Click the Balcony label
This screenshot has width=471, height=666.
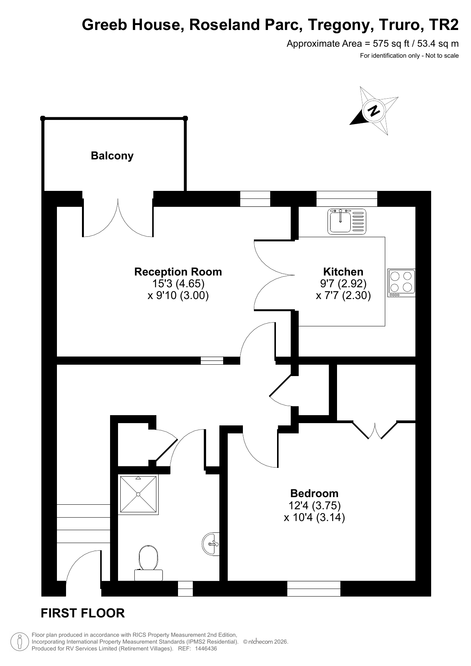coord(112,156)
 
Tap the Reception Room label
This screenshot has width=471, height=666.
coord(178,272)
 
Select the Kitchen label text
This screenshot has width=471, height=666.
coord(343,272)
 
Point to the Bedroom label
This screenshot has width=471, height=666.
coord(314,493)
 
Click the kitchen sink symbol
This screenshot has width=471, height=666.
coord(347,221)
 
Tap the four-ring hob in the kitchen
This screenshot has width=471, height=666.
coord(402,283)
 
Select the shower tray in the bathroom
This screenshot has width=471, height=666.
coord(138,494)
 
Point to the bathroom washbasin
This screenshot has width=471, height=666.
coord(211,544)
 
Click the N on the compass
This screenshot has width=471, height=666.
coord(374,111)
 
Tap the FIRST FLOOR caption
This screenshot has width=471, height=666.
coord(83,613)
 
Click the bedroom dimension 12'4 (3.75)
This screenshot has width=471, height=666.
coord(315,505)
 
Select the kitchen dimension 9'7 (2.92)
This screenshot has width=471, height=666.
coord(343,283)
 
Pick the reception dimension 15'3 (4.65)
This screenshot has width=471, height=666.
coord(178,283)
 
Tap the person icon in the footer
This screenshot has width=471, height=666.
coord(20,642)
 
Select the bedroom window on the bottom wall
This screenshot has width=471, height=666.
coord(314,589)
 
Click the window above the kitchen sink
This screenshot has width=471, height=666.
coord(347,199)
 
